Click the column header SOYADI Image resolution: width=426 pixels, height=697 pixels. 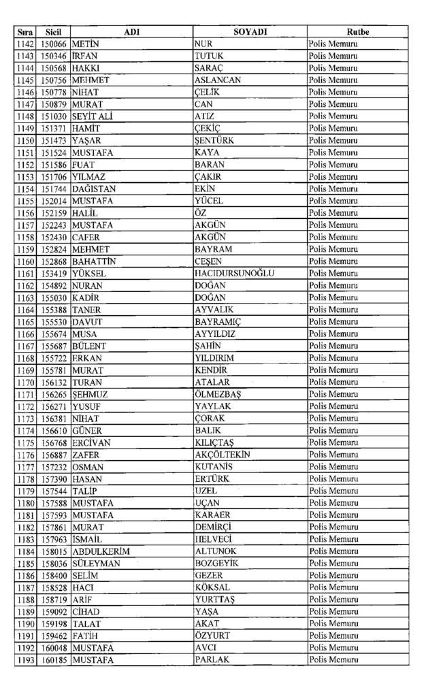[x=250, y=32]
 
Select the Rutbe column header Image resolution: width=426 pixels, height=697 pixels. [x=357, y=32]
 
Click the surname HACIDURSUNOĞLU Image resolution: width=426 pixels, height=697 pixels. [x=234, y=274]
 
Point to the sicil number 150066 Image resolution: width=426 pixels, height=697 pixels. [x=54, y=44]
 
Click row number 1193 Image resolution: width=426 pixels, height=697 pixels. [x=26, y=660]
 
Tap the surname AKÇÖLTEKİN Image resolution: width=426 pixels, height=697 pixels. [x=223, y=455]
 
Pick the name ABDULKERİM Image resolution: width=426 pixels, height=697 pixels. [x=101, y=551]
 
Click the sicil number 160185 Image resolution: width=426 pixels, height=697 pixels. [x=54, y=660]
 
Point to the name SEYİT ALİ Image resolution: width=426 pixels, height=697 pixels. [x=93, y=116]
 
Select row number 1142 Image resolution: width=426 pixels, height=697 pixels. [x=26, y=44]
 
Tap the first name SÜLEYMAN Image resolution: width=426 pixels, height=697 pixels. [x=96, y=564]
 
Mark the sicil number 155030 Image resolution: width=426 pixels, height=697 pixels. [x=54, y=297]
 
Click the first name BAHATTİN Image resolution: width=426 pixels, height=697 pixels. [x=95, y=261]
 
